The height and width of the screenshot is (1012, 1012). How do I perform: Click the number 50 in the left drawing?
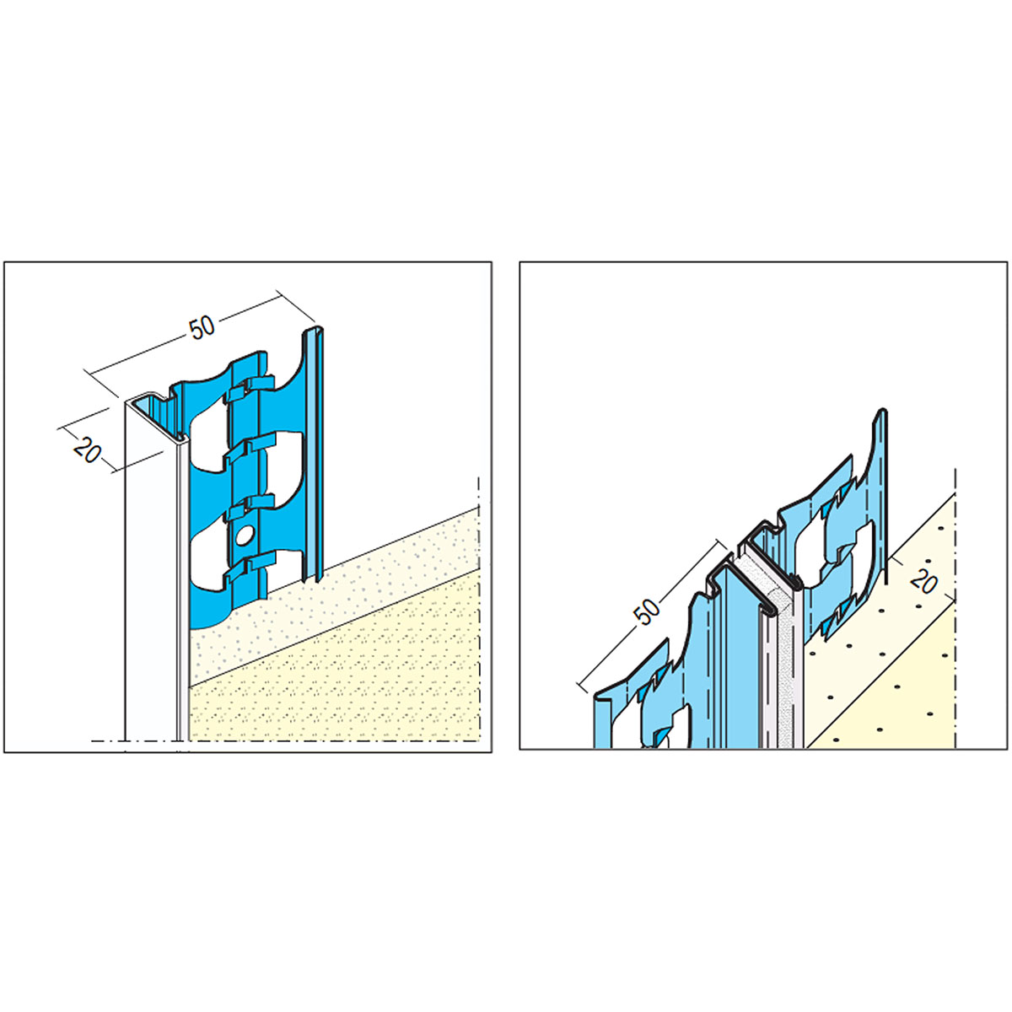click(x=202, y=329)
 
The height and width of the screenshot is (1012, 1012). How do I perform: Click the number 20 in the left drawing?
click(x=87, y=450)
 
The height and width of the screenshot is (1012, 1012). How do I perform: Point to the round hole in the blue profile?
click(x=244, y=536)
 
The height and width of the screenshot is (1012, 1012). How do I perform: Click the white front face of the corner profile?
click(x=150, y=573)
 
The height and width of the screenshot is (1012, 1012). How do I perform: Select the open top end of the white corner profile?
click(x=158, y=415)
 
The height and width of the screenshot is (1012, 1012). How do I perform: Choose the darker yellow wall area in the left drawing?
click(x=336, y=683)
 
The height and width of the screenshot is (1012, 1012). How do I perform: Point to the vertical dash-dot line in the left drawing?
click(x=479, y=609)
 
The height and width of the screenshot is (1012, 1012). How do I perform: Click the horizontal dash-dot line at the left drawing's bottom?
click(x=286, y=740)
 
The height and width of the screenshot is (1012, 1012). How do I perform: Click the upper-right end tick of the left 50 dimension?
click(x=295, y=305)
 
